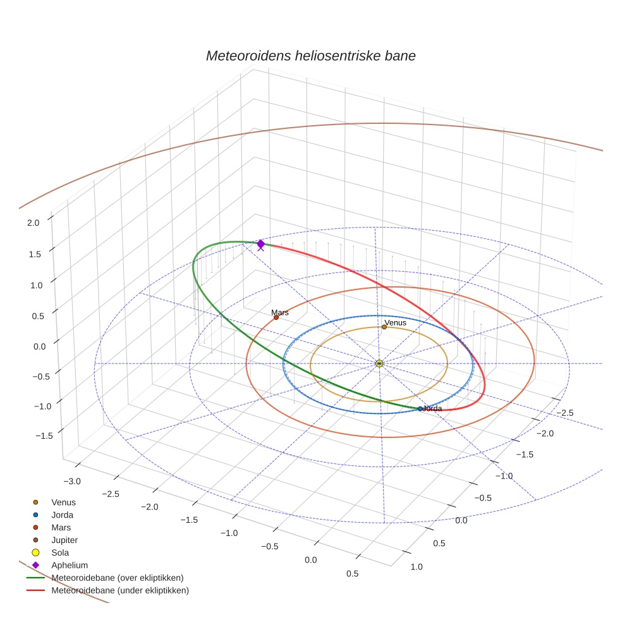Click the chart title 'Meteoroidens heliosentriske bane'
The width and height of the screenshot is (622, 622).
pos(310,56)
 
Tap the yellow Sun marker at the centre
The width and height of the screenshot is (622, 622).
pos(379,363)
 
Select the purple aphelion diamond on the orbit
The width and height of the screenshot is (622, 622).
pos(260,244)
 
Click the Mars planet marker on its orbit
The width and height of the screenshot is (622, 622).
pos(276,317)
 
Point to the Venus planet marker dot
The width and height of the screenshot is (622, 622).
pos(384,327)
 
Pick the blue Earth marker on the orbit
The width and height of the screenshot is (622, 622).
pos(420,409)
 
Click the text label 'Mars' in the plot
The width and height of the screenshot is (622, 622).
pos(279,312)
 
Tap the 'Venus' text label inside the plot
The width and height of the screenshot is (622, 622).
pos(396,322)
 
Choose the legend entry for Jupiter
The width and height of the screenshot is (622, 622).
pos(64,540)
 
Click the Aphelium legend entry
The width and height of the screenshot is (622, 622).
pos(69,565)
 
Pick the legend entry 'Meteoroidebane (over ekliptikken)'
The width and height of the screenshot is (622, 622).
pos(117,578)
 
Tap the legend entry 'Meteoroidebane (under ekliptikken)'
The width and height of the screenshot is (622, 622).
pos(119,590)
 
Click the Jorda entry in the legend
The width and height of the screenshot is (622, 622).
pos(62,515)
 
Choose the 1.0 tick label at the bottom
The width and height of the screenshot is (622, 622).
pos(417,566)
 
